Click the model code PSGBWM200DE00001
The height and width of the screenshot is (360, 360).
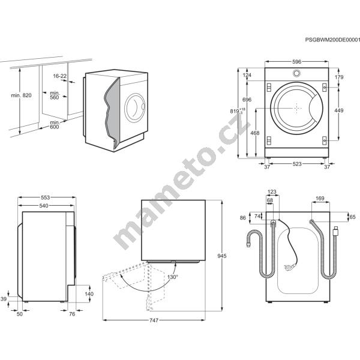[x=332, y=40]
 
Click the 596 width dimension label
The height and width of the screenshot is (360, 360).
[x=296, y=62]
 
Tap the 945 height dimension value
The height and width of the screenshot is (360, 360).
[x=222, y=256]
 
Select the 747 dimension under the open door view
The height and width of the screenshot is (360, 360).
[x=154, y=320]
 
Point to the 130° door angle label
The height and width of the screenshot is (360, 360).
[x=173, y=277]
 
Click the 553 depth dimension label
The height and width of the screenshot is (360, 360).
[x=45, y=197]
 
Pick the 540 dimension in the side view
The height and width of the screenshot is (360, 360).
[x=44, y=206]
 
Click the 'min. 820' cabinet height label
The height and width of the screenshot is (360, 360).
[x=21, y=95]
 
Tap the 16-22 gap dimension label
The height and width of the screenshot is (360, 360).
[x=59, y=76]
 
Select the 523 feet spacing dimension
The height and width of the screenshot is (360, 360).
[x=296, y=164]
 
